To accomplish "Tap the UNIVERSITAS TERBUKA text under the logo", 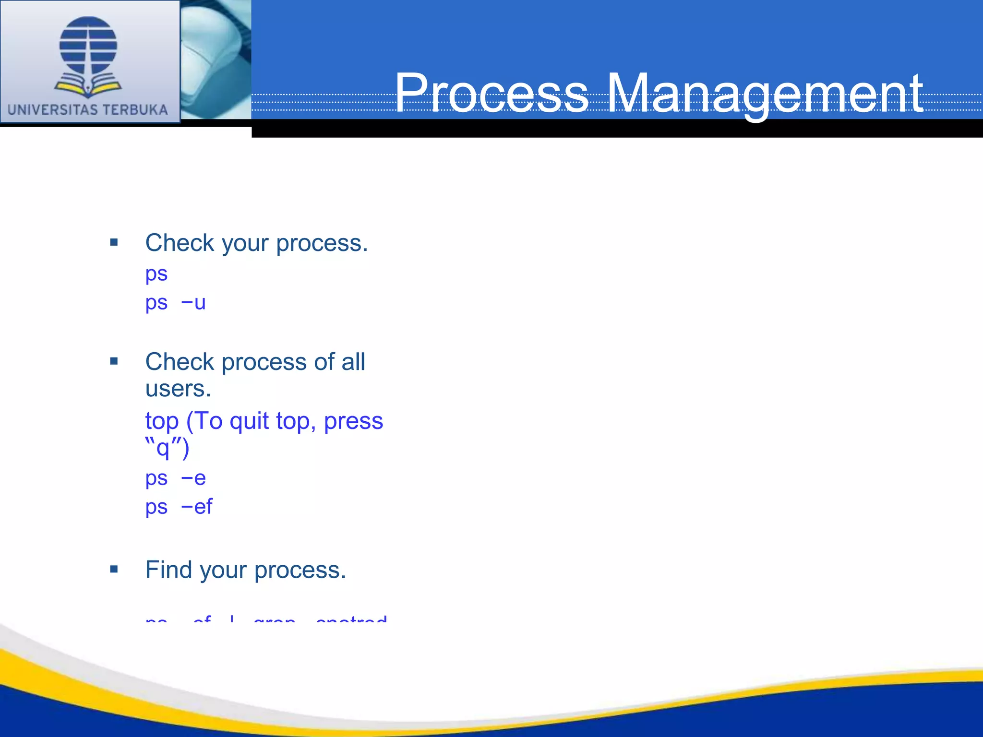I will (88, 110).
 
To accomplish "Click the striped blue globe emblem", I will (88, 46).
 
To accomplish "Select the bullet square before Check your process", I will (114, 242).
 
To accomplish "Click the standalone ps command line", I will (156, 274).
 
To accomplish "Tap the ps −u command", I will (176, 303).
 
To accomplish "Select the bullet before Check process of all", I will (114, 361).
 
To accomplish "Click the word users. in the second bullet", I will (178, 389).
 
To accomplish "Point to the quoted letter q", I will (163, 449).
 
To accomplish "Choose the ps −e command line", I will (176, 478).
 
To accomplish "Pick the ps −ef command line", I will (179, 507).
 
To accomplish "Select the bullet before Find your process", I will (114, 570).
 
